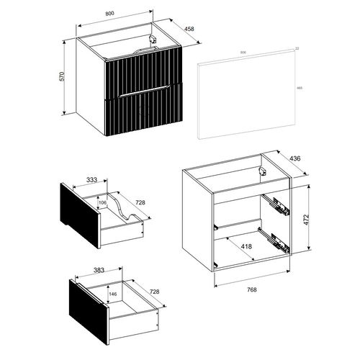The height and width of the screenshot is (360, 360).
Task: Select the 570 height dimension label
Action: [65, 76]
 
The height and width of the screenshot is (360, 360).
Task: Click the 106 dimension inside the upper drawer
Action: [102, 204]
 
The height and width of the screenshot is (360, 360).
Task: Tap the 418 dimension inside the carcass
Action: [246, 247]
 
